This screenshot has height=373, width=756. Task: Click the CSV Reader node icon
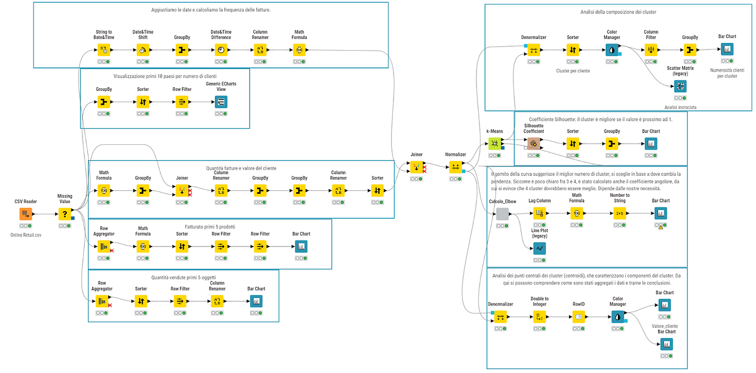26,214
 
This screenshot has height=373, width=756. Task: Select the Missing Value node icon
65,214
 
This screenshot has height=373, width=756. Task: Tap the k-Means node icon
494,144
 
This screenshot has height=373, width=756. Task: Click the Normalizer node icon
455,167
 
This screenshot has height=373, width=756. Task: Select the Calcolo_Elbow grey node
502,214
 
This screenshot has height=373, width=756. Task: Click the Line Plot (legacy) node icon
539,248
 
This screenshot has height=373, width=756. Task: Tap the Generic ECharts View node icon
221,102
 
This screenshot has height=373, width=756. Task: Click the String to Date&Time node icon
104,50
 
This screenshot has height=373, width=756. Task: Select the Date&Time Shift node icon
143,50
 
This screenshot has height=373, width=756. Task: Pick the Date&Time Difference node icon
221,50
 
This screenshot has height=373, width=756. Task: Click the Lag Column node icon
539,213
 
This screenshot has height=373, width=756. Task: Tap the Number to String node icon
620,213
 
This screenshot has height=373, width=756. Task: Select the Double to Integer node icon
539,317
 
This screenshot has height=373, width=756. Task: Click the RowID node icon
579,317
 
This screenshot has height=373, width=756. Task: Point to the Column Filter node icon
651,50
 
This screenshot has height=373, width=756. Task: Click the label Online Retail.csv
26,235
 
